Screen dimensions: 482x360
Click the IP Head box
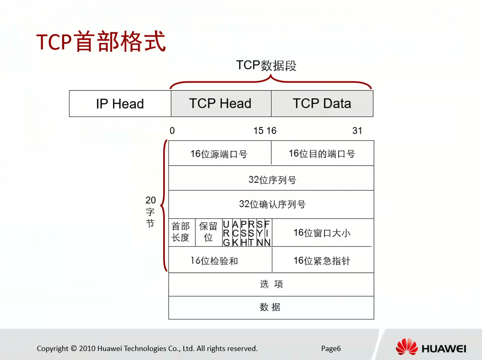pos(120,104)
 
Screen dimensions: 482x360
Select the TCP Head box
pos(221,104)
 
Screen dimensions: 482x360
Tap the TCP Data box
pos(322,104)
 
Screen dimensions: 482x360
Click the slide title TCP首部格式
pos(101,41)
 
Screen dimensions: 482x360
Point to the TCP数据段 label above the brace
pos(266,65)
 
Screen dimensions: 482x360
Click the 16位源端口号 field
pos(220,153)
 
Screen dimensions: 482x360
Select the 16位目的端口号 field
pos(322,153)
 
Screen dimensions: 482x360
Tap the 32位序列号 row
pos(271,178)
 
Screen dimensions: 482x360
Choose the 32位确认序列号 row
pos(271,205)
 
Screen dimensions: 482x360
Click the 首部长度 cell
pos(182,232)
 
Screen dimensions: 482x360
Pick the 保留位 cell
pos(209,232)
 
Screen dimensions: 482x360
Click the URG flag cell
pos(227,233)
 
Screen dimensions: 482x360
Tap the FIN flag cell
pos(267,233)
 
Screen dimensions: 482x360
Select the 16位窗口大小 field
pos(322,232)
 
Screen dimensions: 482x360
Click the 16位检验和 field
pos(220,260)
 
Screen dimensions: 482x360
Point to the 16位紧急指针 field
pos(323,260)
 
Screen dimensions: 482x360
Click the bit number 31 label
pos(357,131)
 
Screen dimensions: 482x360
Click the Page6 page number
pos(331,348)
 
